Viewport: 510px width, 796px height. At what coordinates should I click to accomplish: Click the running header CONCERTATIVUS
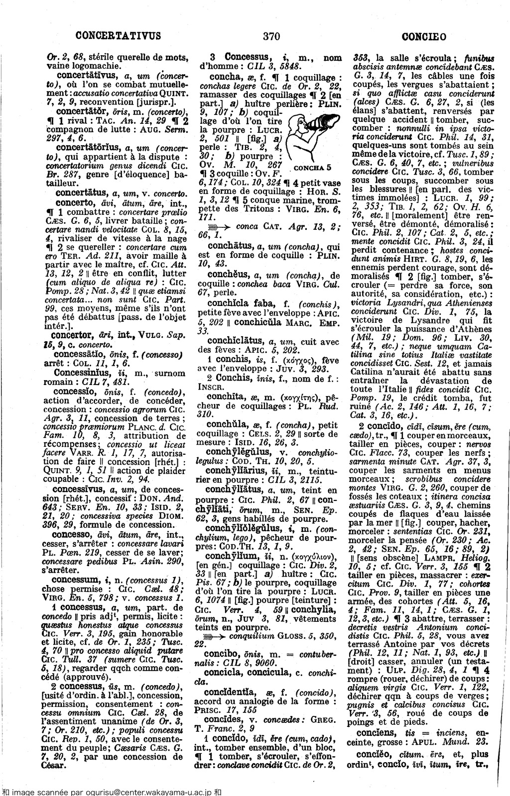119,36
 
